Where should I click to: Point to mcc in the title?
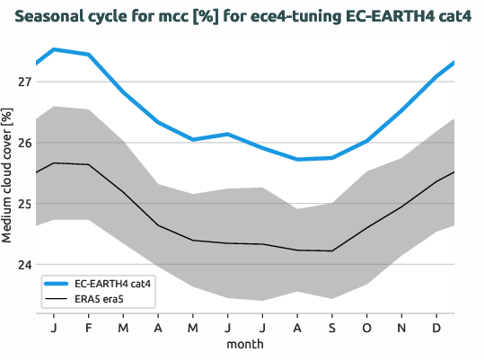(x=154, y=16)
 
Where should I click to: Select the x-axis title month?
(x=245, y=343)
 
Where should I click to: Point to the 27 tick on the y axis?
(x=24, y=82)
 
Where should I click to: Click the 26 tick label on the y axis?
(x=24, y=143)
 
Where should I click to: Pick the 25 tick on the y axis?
(x=24, y=204)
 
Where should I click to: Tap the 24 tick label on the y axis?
(x=24, y=265)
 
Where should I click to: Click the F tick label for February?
(x=88, y=327)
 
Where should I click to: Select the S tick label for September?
(x=332, y=327)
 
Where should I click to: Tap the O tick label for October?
(x=367, y=327)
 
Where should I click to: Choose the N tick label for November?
(x=401, y=327)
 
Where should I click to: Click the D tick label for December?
(x=436, y=327)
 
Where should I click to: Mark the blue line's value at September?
(x=332, y=158)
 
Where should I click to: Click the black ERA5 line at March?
(x=123, y=192)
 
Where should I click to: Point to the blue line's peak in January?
(x=54, y=49)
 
